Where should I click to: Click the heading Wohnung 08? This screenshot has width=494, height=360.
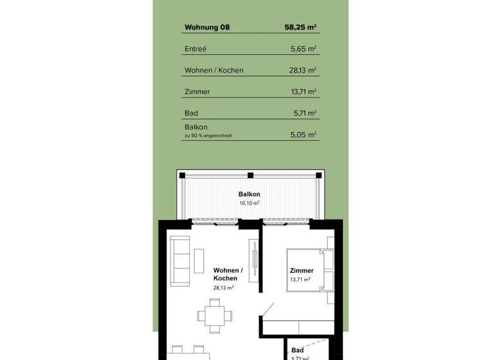206,28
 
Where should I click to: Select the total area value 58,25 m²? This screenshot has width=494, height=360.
300,28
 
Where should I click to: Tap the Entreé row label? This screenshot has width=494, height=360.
196,49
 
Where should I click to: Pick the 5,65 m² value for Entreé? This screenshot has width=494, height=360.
304,49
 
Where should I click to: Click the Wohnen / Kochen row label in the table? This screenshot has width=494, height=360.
214,70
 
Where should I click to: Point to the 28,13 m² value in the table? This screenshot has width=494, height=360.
303,70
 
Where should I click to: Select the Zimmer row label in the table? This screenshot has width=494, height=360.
197,92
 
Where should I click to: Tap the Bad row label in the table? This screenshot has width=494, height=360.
190,113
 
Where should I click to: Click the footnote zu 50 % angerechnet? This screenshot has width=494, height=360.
208,136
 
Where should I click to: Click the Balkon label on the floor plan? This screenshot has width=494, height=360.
249,194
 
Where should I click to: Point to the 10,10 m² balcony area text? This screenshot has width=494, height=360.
249,203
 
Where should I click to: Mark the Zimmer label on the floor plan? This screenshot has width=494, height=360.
302,271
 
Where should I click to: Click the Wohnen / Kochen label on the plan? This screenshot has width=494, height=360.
228,274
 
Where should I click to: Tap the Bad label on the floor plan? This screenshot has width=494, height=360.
297,350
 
